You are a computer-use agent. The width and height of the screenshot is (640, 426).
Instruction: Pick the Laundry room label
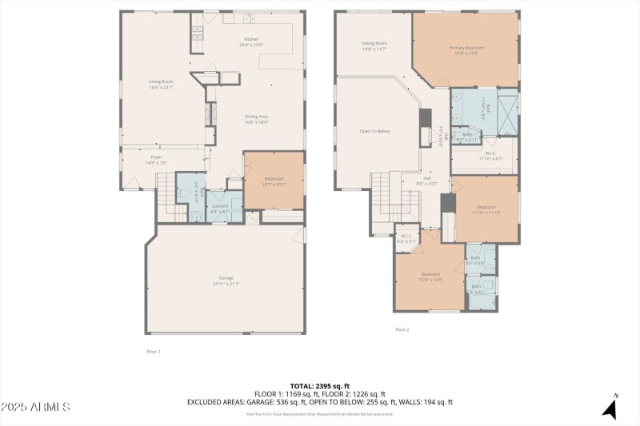coord(219,208)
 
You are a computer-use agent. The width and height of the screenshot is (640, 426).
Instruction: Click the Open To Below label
coord(374,131)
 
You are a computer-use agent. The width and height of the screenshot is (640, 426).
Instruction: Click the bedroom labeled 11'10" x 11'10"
coord(486,209)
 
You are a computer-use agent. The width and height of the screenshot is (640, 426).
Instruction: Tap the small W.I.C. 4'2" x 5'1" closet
coord(406,237)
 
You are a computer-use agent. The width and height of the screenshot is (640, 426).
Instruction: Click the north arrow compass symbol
coord(610,408)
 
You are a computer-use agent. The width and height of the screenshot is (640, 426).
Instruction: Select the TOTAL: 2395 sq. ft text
coord(320,386)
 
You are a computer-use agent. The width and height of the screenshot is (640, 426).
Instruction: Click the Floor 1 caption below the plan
coord(154,352)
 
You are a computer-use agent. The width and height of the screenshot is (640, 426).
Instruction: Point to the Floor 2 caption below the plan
coord(402,329)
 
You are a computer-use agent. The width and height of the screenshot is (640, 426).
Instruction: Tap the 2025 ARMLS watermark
coord(36,408)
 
